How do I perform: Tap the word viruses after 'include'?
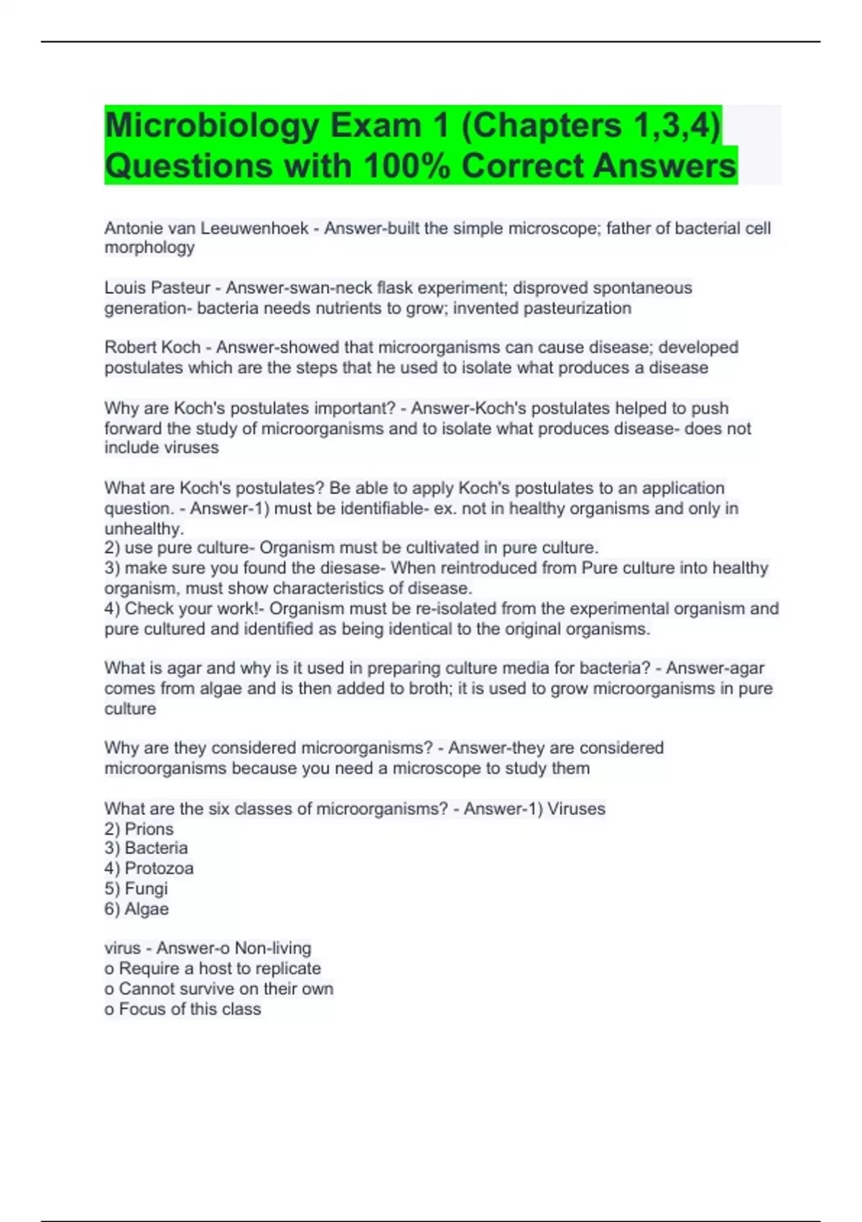(190, 447)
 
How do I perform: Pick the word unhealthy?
(143, 528)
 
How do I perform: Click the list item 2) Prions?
(139, 829)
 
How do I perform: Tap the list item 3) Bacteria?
(146, 848)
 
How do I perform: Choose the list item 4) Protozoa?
(149, 868)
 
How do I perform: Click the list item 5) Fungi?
(136, 888)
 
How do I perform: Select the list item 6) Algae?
(136, 909)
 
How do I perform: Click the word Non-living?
(273, 948)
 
